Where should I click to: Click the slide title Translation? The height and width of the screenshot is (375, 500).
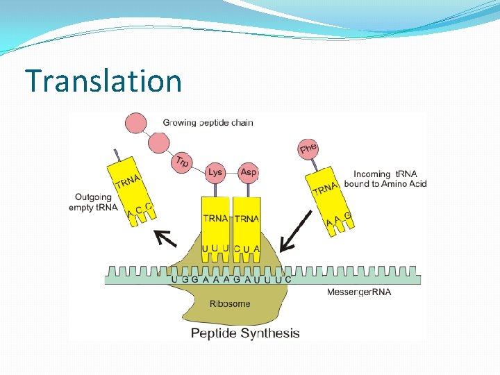(x=103, y=81)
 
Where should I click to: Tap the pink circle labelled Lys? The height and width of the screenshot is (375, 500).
(x=216, y=172)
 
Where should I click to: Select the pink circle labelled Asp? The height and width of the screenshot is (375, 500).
(x=248, y=172)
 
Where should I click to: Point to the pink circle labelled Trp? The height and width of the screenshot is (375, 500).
(x=181, y=162)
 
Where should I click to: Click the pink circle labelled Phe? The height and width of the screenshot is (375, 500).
(x=308, y=148)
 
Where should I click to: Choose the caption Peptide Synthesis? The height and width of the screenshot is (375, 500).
(x=245, y=333)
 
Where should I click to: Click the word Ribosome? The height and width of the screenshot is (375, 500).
(x=230, y=303)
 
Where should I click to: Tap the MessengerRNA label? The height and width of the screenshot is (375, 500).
(x=358, y=292)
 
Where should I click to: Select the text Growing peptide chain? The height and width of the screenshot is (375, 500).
(x=208, y=123)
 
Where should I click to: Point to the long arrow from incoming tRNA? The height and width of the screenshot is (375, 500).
(x=294, y=231)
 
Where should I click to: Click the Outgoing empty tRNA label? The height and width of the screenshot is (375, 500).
(x=93, y=202)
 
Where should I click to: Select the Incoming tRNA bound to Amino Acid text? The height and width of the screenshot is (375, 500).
(x=390, y=178)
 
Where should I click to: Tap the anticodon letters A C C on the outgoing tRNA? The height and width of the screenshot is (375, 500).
(x=140, y=210)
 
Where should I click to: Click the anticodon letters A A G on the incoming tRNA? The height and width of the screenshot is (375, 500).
(x=339, y=219)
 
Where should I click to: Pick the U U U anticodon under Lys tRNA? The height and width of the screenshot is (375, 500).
(x=215, y=249)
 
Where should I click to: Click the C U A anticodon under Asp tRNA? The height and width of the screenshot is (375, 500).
(x=247, y=249)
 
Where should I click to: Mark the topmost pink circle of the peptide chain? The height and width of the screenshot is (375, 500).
(x=137, y=123)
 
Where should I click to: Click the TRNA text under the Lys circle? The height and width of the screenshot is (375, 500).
(x=215, y=219)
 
